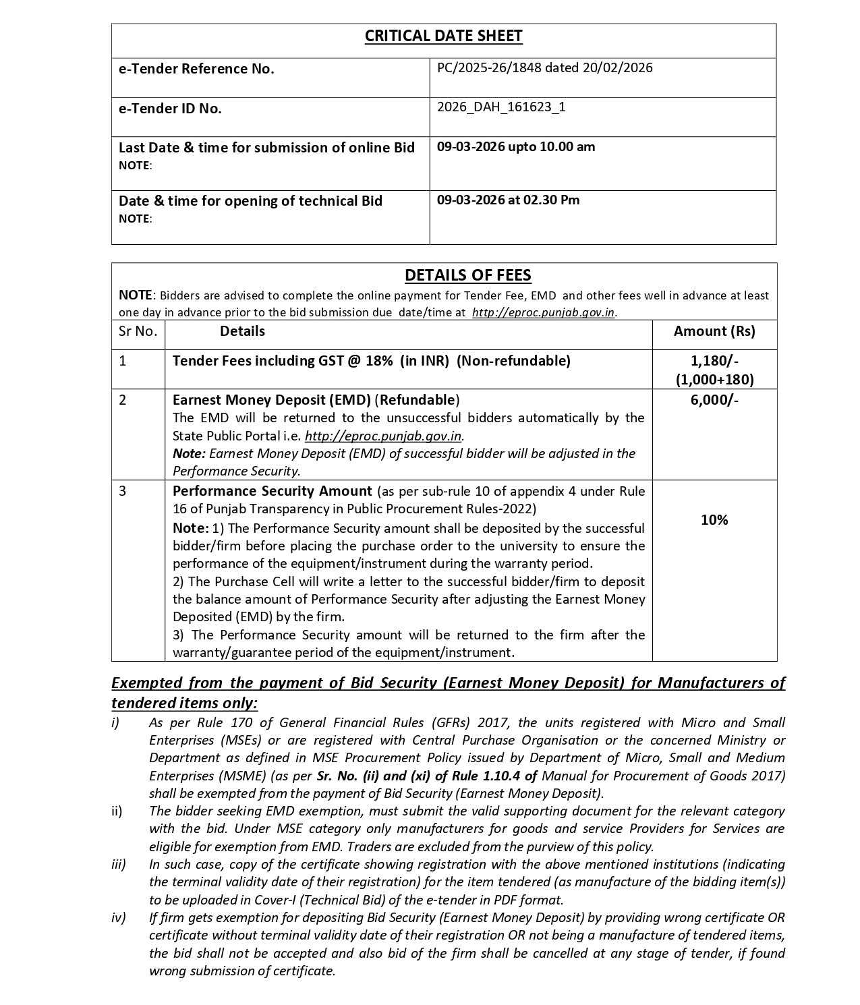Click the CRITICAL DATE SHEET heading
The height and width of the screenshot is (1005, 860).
pos(443,36)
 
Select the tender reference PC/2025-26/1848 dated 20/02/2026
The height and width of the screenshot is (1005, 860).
pos(544,67)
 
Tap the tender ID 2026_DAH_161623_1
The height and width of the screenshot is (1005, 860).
pos(501,107)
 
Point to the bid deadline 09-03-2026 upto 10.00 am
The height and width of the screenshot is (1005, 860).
pos(515,146)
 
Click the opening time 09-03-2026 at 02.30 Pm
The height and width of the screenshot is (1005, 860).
pos(508,200)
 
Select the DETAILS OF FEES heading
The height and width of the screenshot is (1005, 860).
pos(467,275)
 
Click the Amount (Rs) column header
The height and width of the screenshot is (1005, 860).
pos(714,331)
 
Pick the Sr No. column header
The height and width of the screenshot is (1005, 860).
pos(138,331)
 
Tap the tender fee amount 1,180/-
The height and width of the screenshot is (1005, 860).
pos(714,361)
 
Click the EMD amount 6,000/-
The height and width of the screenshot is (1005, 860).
pos(714,400)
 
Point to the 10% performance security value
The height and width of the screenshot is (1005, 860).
pos(714,520)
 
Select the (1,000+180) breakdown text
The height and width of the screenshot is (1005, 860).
pos(714,379)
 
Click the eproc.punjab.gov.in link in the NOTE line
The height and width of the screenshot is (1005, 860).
pos(544,312)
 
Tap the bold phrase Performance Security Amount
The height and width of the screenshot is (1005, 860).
pos(272,491)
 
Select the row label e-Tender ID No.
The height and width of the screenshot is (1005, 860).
pos(170,109)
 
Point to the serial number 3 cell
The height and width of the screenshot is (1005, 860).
pos(123,491)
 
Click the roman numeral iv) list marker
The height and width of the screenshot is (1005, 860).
pos(118,917)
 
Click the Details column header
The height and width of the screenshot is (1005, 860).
pos(242,331)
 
